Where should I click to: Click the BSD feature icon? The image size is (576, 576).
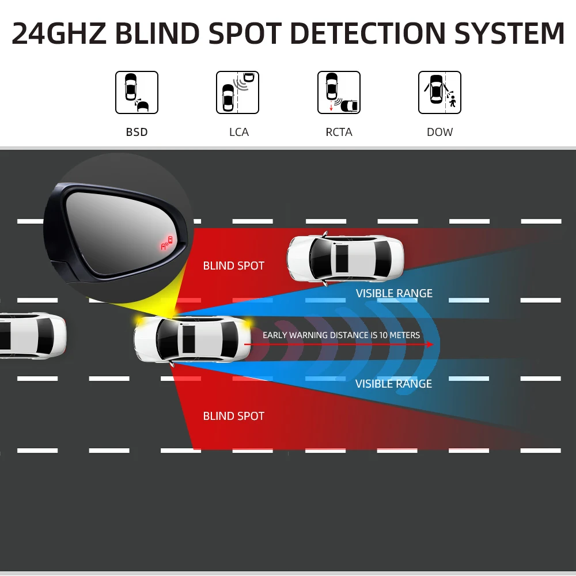[137, 92]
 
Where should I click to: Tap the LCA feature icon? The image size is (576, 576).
[237, 92]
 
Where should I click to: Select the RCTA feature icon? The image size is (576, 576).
[339, 92]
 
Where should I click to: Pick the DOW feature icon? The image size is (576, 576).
[439, 92]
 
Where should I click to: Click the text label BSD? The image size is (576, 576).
[137, 132]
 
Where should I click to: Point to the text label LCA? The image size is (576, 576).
[238, 132]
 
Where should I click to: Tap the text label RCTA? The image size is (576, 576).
[339, 132]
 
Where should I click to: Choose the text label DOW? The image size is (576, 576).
[439, 132]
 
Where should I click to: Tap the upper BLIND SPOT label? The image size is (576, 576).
[233, 266]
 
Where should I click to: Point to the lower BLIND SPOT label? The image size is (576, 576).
[233, 416]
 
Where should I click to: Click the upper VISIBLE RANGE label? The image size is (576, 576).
[394, 293]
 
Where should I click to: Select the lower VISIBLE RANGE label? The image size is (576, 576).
[393, 384]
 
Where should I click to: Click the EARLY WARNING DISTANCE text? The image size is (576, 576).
[341, 335]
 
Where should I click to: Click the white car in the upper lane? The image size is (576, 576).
[346, 258]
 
